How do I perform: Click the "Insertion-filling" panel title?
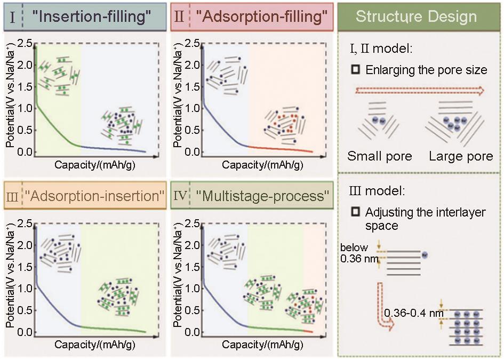click(92, 17)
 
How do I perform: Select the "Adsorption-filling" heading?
click(261, 17)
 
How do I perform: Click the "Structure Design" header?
click(416, 17)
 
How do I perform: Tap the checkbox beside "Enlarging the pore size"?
click(356, 70)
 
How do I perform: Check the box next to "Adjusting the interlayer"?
click(356, 212)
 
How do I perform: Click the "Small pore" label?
click(380, 157)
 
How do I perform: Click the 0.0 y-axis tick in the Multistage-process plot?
click(193, 332)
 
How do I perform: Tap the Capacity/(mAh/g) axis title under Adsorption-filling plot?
click(262, 165)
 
